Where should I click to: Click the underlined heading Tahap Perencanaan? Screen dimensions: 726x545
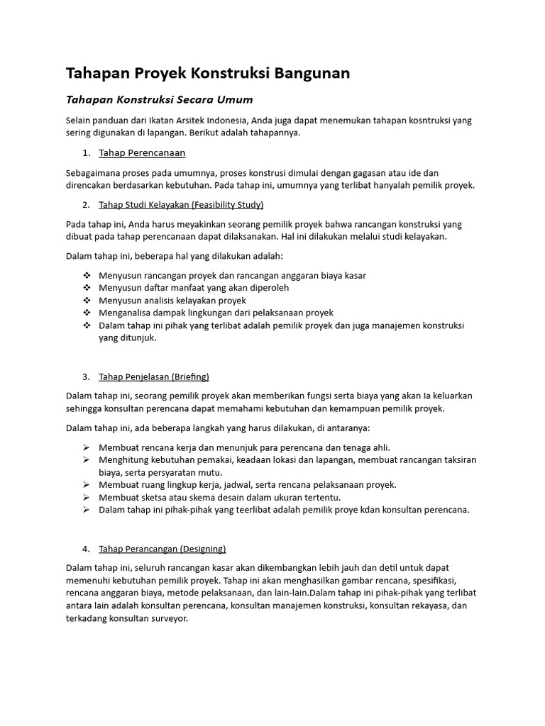(142, 152)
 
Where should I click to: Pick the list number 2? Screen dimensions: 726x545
(85, 205)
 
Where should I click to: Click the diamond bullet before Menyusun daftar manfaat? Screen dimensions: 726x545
(87, 288)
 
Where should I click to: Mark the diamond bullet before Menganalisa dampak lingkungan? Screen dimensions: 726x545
(87, 313)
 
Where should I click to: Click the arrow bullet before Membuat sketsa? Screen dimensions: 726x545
(87, 497)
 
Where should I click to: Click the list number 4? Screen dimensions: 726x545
(85, 548)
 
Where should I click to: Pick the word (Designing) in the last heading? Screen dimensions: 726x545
(203, 548)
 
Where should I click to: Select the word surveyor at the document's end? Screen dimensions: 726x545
(165, 618)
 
